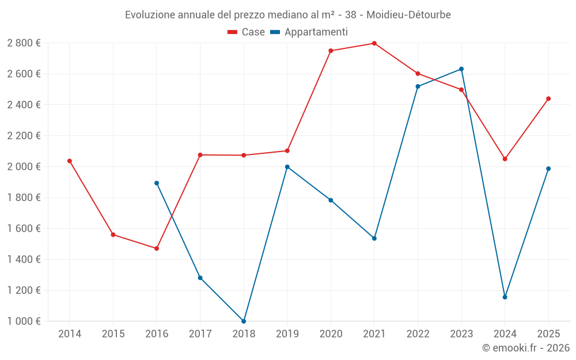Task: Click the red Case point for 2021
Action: pos(374,43)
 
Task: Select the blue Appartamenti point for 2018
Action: pos(244,321)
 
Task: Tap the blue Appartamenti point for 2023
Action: pos(461,69)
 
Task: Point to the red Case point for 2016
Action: pos(157,248)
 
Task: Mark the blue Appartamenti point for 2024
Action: pos(505,297)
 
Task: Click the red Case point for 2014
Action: pos(70,161)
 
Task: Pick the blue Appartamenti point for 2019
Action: pos(287,167)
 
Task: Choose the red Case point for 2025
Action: pos(548,98)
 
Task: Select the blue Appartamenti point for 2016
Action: pos(157,183)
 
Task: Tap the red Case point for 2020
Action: pos(331,51)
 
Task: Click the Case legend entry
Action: pos(247,32)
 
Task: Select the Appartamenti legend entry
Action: pos(310,32)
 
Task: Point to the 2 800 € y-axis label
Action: pos(24,43)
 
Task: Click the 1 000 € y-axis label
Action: pos(24,321)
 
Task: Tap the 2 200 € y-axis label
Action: pos(24,136)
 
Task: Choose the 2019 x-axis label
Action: pos(287,334)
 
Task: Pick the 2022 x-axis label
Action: pos(418,334)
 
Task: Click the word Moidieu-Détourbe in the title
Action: pos(408,14)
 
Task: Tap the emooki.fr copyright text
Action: pos(526,347)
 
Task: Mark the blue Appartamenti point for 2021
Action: pos(374,238)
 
